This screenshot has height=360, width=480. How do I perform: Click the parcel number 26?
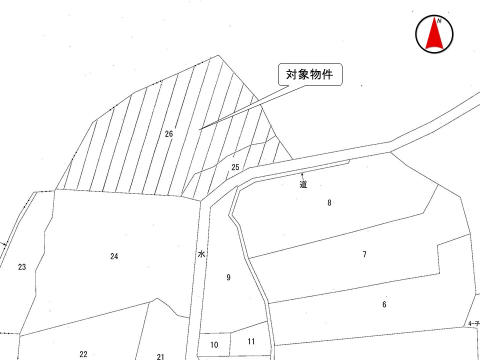[x=169, y=134]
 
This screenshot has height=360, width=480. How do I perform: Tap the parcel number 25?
[x=235, y=167]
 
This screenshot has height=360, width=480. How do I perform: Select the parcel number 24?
[x=114, y=256]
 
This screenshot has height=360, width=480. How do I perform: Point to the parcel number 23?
[x=21, y=267]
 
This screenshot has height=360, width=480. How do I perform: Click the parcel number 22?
[x=83, y=354]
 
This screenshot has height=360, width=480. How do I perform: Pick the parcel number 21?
[x=160, y=356]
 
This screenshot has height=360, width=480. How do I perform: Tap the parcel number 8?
[x=329, y=203]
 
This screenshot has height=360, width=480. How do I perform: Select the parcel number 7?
[x=364, y=254]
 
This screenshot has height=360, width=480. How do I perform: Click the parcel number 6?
[x=384, y=304]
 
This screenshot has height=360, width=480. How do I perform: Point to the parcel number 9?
[x=228, y=277]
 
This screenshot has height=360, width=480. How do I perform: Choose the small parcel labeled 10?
[x=214, y=344]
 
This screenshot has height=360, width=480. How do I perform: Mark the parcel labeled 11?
[x=251, y=341]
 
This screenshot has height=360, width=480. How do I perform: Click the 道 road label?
[x=303, y=184]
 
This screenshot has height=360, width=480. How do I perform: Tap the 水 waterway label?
[x=201, y=254]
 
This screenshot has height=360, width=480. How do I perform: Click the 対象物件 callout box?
[x=310, y=74]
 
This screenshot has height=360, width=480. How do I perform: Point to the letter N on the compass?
[x=439, y=21]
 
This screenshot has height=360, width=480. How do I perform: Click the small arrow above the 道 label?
[x=302, y=176]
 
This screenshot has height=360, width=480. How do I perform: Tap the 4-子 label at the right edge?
[x=473, y=323]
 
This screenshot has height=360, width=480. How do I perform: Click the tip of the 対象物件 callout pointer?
[x=199, y=130]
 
